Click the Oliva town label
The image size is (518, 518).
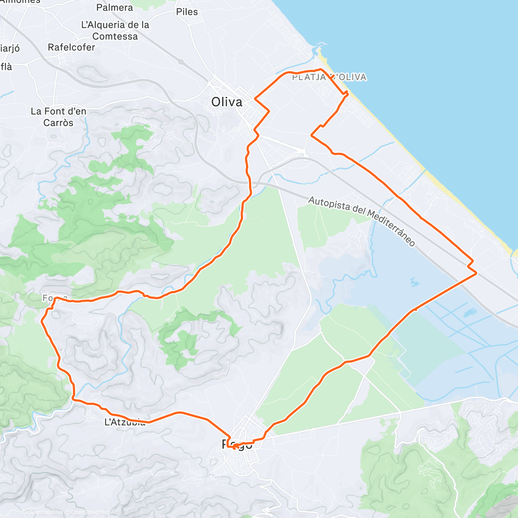click(x=227, y=102)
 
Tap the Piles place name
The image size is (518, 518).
click(x=187, y=12)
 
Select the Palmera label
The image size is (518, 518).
click(x=114, y=7)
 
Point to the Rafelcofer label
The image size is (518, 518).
click(x=71, y=47)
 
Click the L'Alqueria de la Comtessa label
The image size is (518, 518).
click(x=115, y=31)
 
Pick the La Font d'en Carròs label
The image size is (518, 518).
click(x=58, y=117)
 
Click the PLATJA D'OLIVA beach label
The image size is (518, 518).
click(x=329, y=77)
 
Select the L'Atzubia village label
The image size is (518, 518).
click(x=125, y=422)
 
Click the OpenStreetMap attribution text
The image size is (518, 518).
click(x=90, y=513)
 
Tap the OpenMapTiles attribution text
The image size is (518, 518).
click(x=45, y=513)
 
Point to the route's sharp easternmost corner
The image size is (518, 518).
click(x=476, y=273)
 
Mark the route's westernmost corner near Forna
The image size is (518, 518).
click(x=41, y=321)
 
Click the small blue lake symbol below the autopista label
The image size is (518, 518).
click(x=414, y=283)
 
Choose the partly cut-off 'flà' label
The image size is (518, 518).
click(x=6, y=66)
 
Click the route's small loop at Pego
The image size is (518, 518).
click(x=236, y=446)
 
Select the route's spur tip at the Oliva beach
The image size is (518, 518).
click(x=347, y=92)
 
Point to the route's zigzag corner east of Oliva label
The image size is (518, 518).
click(x=269, y=111)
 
